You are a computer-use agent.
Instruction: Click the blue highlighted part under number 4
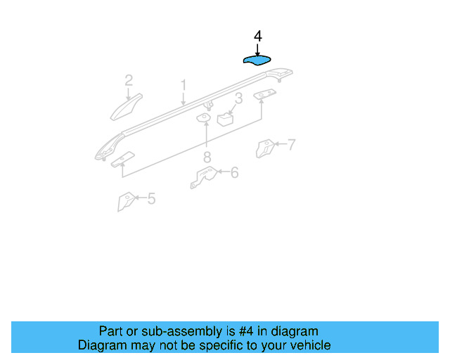pyautogui.click(x=258, y=60)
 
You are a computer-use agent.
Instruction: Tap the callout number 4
pyautogui.click(x=257, y=36)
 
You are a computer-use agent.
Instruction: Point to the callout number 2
pyautogui.click(x=129, y=80)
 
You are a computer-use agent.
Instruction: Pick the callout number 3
pyautogui.click(x=238, y=99)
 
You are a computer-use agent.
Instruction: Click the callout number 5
pyautogui.click(x=151, y=199)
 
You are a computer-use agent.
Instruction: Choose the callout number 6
pyautogui.click(x=234, y=172)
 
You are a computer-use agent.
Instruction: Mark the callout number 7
pyautogui.click(x=290, y=145)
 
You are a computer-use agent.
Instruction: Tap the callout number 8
pyautogui.click(x=207, y=157)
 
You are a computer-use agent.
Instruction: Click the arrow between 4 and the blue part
pyautogui.click(x=257, y=48)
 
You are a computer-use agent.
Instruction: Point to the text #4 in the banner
pyautogui.click(x=250, y=331)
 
